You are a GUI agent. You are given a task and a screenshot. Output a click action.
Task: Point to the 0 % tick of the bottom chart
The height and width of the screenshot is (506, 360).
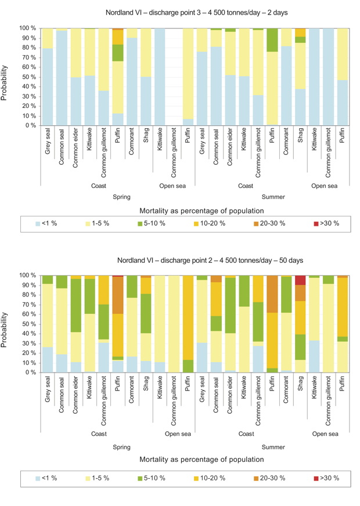click(x=30, y=373)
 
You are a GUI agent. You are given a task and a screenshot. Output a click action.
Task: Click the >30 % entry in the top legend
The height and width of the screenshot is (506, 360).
click(x=326, y=223)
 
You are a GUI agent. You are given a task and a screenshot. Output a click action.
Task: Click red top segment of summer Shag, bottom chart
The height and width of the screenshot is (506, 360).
click(x=300, y=280)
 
